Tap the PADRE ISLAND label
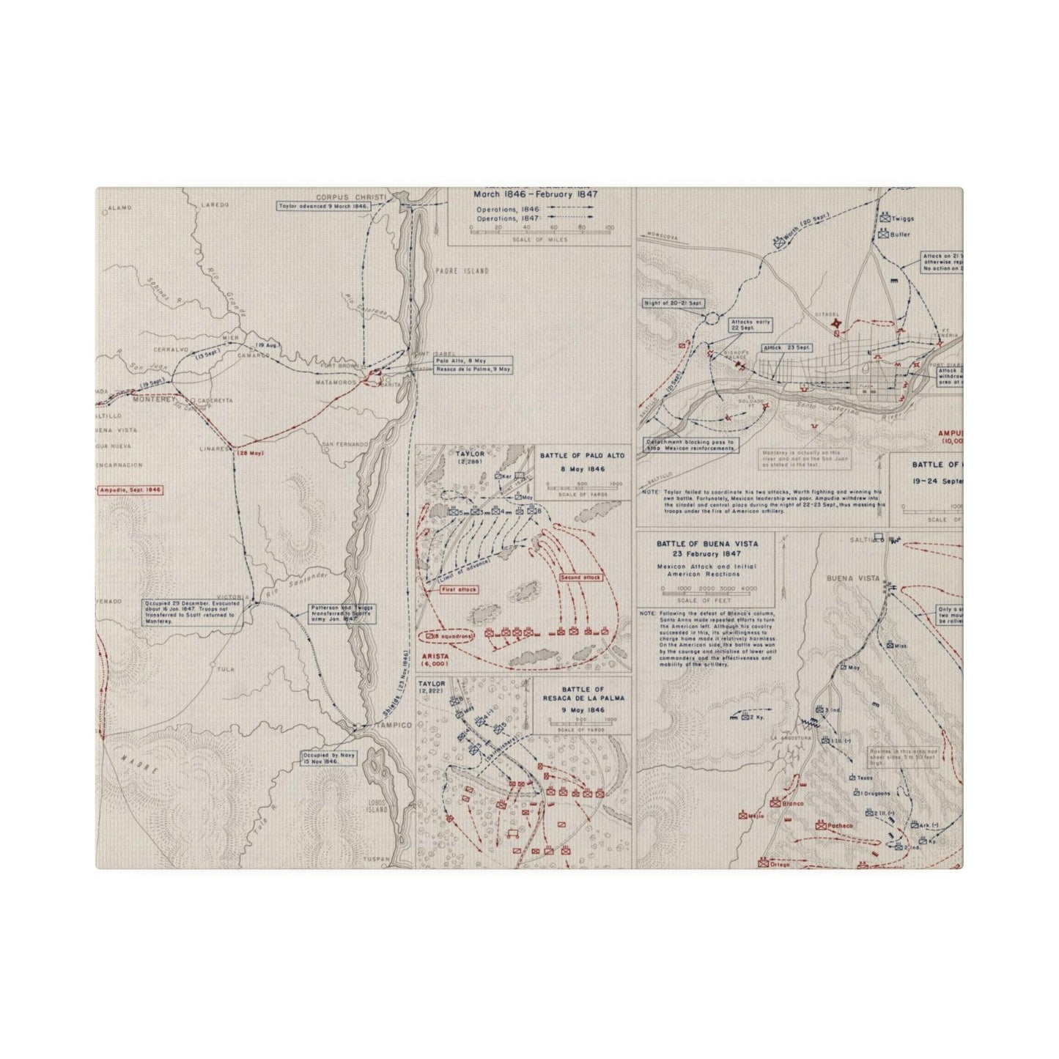tap(463, 271)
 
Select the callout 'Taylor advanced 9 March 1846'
tap(323, 207)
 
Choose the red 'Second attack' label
tap(580, 578)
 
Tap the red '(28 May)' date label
tap(248, 454)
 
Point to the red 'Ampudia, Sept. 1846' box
tap(130, 490)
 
